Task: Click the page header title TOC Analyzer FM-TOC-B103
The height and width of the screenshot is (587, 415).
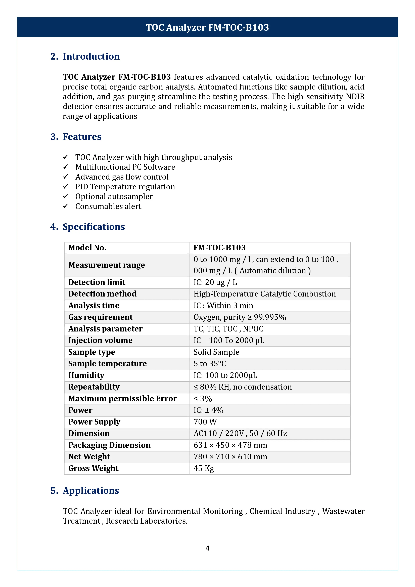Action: [x=207, y=27]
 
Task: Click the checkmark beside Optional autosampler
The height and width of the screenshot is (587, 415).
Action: [x=66, y=196]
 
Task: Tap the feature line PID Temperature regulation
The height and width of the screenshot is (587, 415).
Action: [x=125, y=187]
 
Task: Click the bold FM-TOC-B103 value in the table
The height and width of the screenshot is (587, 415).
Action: [x=219, y=247]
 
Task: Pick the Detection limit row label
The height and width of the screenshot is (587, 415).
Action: [x=97, y=282]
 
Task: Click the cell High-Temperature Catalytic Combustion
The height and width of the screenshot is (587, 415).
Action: [x=264, y=294]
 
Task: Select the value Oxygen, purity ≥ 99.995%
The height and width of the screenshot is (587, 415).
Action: [x=240, y=317]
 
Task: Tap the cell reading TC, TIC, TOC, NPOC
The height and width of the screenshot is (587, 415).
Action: [x=228, y=329]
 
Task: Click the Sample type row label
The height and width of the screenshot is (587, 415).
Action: [x=92, y=352]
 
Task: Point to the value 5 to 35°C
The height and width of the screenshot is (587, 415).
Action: [x=210, y=364]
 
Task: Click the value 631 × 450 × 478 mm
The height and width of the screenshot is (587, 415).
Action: [x=230, y=445]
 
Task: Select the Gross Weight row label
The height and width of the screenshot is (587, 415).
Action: [x=93, y=468]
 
